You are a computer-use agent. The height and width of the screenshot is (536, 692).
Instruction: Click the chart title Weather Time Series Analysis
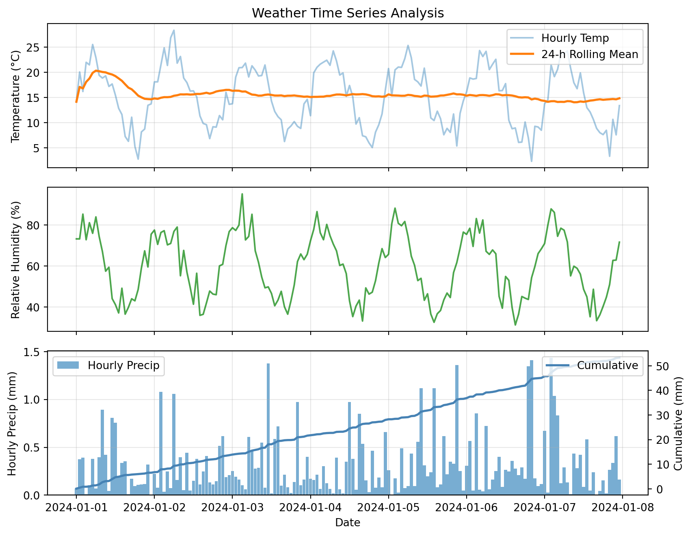click(348, 13)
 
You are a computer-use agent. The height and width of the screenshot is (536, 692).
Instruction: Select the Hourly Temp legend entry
click(575, 39)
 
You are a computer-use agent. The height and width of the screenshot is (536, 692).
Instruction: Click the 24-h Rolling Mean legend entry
click(589, 54)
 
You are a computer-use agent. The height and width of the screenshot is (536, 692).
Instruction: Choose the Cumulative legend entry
click(607, 365)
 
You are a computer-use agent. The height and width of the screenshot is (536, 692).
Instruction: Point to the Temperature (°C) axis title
click(15, 96)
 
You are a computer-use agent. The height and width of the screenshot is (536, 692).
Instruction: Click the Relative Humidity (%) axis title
click(15, 260)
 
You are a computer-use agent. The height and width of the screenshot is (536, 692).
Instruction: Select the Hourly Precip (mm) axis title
click(12, 424)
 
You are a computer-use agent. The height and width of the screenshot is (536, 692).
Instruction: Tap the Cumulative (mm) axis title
click(678, 424)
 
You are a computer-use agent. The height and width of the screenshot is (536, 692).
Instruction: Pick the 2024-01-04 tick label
click(311, 508)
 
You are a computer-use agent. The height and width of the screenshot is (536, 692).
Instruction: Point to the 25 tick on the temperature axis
click(37, 48)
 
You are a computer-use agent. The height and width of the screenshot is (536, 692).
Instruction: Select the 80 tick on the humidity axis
click(37, 225)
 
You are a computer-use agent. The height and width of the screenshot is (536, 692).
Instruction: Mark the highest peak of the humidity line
click(242, 194)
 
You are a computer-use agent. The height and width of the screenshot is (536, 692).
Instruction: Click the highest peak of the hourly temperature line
click(174, 30)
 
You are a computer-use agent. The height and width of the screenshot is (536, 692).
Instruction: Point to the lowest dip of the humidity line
click(515, 325)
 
